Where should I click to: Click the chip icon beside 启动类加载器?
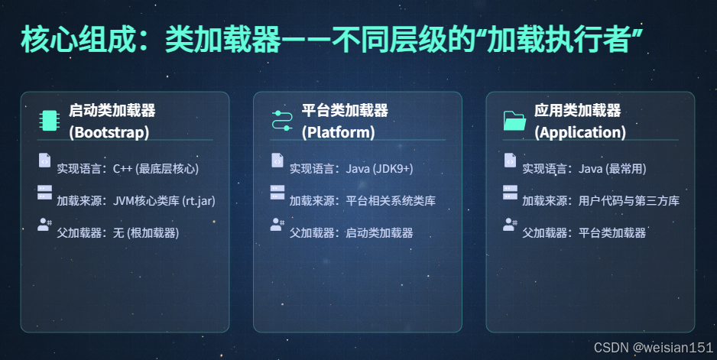tap(48, 121)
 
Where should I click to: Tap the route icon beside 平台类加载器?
tap(282, 121)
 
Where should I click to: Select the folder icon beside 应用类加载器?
tap(514, 121)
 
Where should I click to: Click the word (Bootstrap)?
tap(109, 132)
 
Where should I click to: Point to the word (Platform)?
tap(339, 132)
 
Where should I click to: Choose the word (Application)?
tap(580, 132)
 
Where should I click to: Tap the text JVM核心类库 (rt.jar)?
tap(164, 201)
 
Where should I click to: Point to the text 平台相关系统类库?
tap(391, 201)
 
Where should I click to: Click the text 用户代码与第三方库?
tap(629, 201)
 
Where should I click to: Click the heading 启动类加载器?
tap(112, 111)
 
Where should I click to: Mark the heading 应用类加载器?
tap(577, 111)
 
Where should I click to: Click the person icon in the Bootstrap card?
tap(44, 225)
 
